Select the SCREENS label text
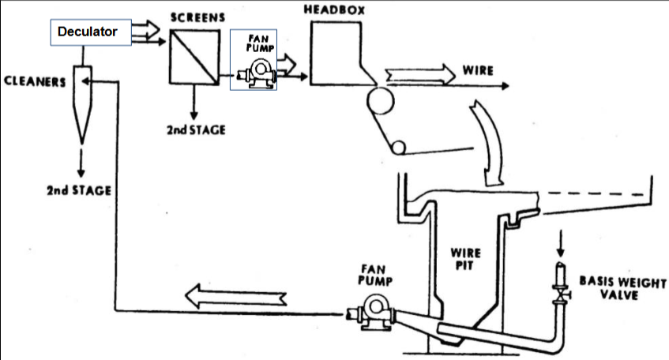[x=193, y=17]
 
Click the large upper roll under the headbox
[x=382, y=101]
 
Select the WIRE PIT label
[x=465, y=260]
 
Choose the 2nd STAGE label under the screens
[x=195, y=129]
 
